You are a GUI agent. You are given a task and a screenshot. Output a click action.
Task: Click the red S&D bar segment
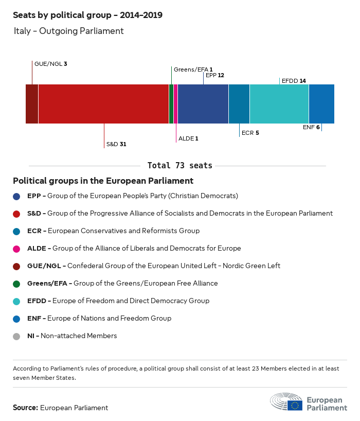pyautogui.click(x=103, y=104)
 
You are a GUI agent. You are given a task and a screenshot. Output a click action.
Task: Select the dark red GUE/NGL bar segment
pyautogui.click(x=32, y=104)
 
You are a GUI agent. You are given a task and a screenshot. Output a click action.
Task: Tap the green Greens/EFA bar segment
pyautogui.click(x=171, y=104)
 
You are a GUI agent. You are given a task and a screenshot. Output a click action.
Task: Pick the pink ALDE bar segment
pyautogui.click(x=176, y=104)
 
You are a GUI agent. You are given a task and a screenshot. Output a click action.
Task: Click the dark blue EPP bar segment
pyautogui.click(x=203, y=104)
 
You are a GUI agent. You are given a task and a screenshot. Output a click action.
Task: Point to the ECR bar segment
pyautogui.click(x=239, y=104)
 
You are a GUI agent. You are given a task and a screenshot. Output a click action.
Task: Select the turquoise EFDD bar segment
pyautogui.click(x=279, y=104)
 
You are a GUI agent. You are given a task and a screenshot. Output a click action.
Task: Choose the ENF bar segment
pyautogui.click(x=321, y=104)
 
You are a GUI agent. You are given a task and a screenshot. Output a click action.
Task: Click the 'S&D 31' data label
pyautogui.click(x=116, y=145)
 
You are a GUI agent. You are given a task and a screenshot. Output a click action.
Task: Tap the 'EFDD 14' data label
pyautogui.click(x=294, y=81)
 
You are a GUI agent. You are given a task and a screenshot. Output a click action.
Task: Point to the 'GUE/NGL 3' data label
pyautogui.click(x=50, y=64)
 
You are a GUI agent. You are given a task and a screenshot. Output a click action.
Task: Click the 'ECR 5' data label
pyautogui.click(x=250, y=133)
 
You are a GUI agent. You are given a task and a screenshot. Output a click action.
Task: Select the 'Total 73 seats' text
pyautogui.click(x=179, y=166)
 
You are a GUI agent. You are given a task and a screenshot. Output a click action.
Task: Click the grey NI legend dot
pyautogui.click(x=17, y=336)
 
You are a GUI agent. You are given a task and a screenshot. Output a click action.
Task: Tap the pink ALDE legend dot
pyautogui.click(x=17, y=249)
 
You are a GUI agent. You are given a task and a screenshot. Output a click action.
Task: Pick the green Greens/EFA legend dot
pyautogui.click(x=17, y=284)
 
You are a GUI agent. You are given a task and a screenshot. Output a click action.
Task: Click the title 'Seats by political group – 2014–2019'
pyautogui.click(x=87, y=15)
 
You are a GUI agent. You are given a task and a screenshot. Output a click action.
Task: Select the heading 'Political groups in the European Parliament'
pyautogui.click(x=103, y=181)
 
